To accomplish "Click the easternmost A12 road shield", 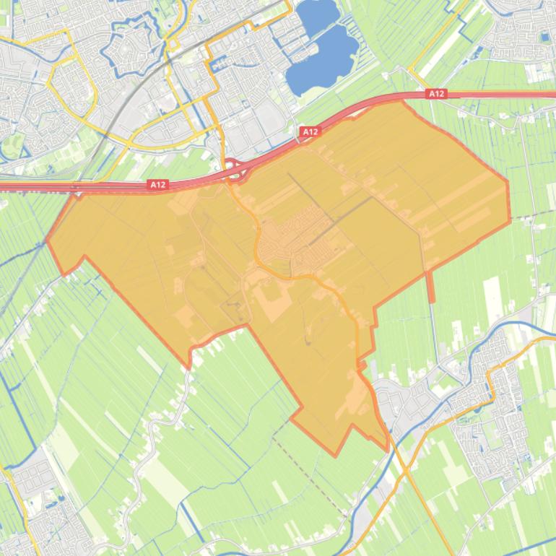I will [436, 94].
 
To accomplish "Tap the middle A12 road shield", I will [310, 131].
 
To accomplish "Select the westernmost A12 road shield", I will [158, 185].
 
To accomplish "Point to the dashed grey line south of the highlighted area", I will [310, 469].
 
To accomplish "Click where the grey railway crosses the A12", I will [77, 189].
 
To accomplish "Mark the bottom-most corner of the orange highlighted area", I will [336, 456].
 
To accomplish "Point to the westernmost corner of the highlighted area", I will [48, 240].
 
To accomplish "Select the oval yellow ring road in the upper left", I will [72, 87].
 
